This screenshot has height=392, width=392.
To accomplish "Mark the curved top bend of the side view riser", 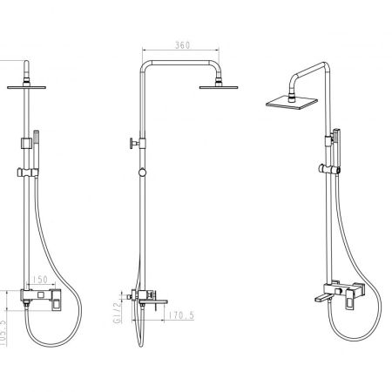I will pyautogui.click(x=145, y=66).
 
